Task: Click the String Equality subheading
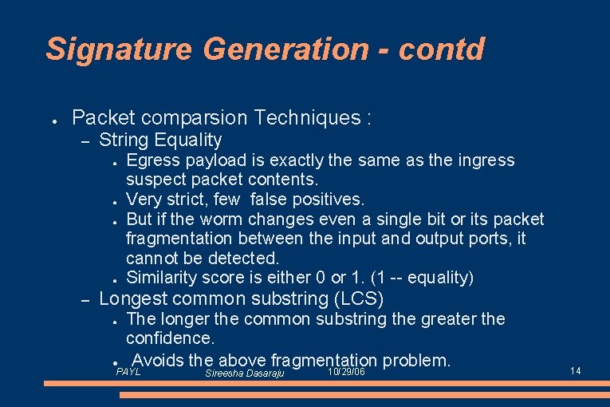point(160,140)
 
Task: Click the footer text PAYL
point(128,372)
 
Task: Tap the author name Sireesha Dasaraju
point(245,373)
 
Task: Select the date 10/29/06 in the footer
point(347,372)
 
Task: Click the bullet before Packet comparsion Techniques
point(51,121)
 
